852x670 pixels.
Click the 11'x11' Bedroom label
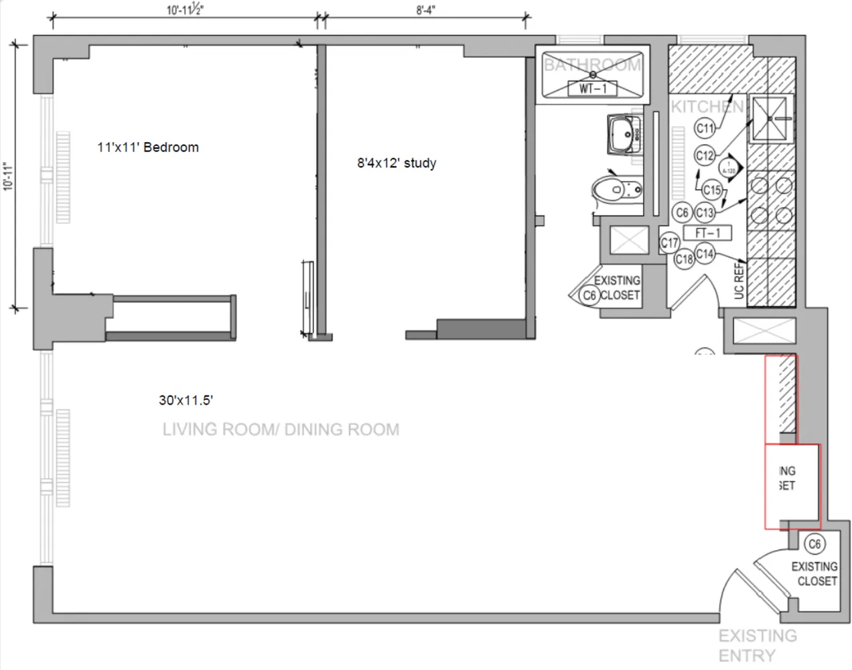(x=148, y=147)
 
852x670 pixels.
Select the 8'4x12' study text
(x=397, y=163)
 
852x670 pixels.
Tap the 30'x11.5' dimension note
(x=186, y=401)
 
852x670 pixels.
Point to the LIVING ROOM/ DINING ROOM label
(x=281, y=429)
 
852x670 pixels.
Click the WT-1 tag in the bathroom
(x=592, y=88)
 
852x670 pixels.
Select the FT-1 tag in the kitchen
(x=707, y=233)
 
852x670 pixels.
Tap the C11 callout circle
(x=705, y=128)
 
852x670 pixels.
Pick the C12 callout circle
(x=705, y=156)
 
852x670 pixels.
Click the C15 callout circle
(x=712, y=190)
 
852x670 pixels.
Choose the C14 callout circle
(x=705, y=254)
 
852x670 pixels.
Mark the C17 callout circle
(x=670, y=243)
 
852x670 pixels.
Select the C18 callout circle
(x=684, y=259)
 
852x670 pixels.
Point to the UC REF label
(x=739, y=281)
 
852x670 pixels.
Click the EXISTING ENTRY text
(x=757, y=645)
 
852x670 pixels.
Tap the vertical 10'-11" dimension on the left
(x=8, y=176)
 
